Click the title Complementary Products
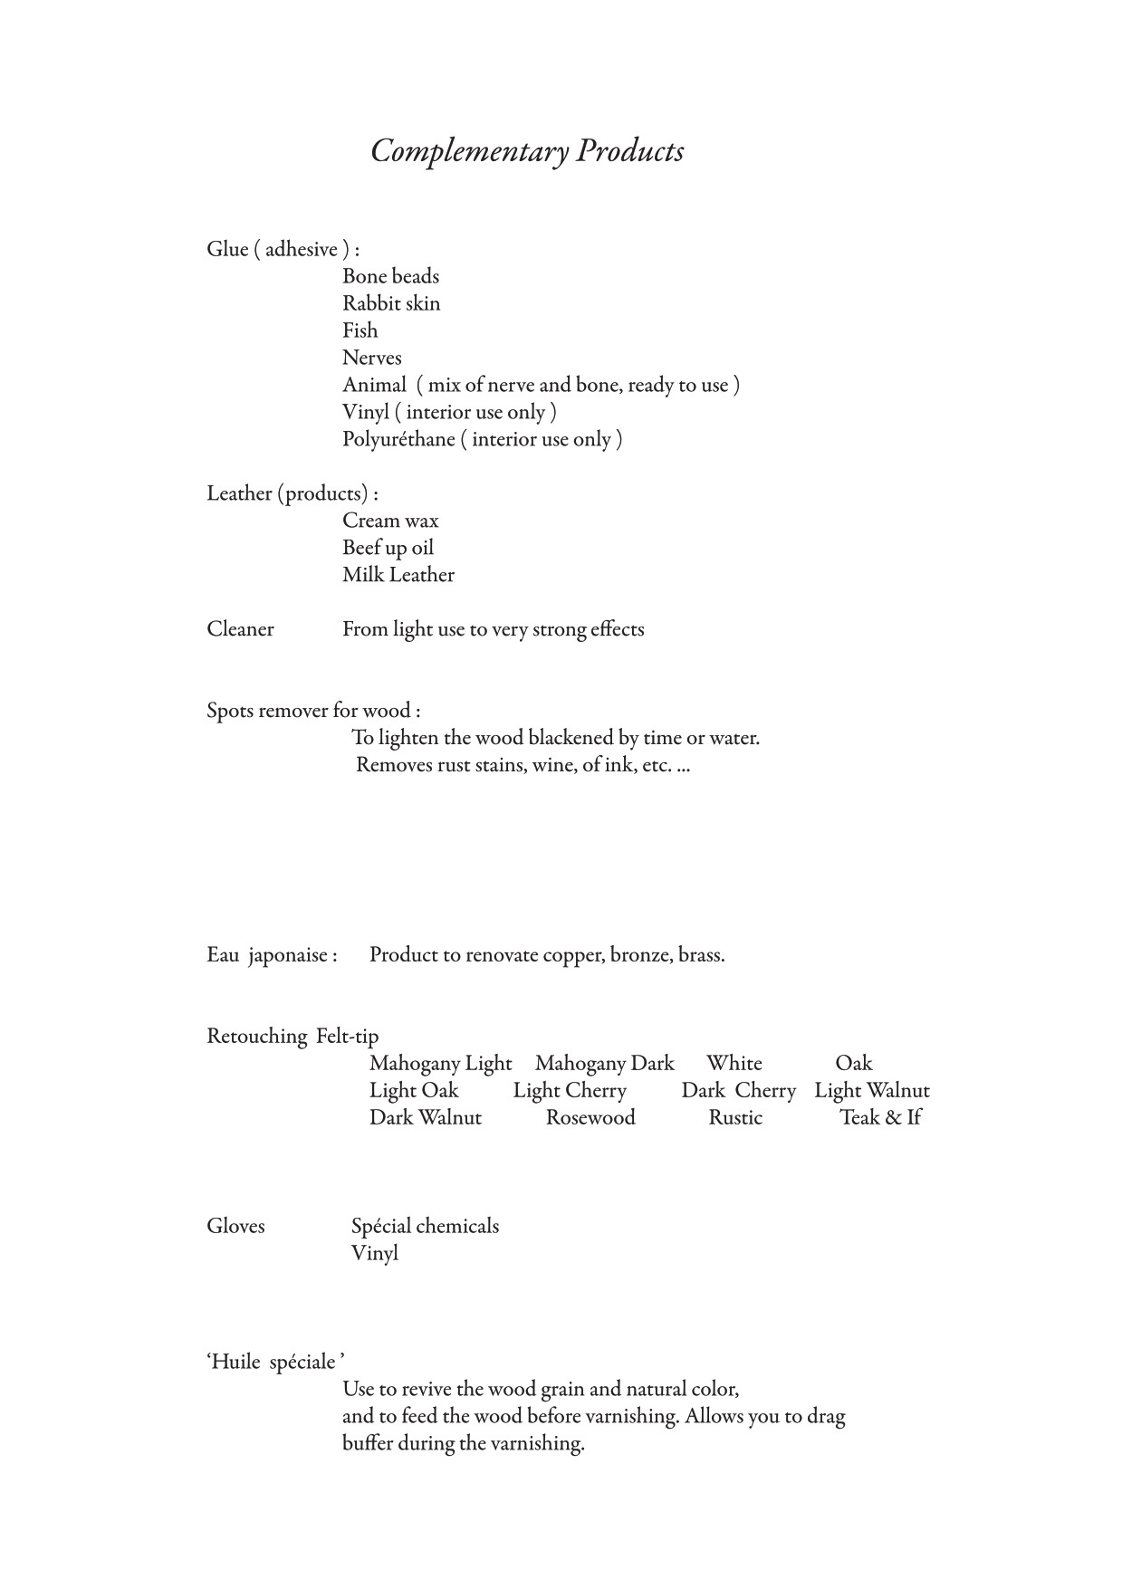(x=527, y=151)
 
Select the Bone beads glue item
(x=390, y=276)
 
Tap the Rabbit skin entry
(x=391, y=303)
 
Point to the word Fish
(x=360, y=330)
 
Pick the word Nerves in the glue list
(x=371, y=358)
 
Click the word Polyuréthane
(x=398, y=439)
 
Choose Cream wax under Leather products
(x=390, y=521)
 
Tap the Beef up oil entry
(x=388, y=548)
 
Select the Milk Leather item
(x=398, y=575)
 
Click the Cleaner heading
(x=240, y=629)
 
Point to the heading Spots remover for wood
(x=313, y=711)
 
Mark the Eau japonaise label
(x=272, y=955)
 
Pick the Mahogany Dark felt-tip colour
(x=604, y=1063)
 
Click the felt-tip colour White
(x=734, y=1063)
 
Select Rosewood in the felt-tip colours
(x=590, y=1117)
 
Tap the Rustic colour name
(x=734, y=1117)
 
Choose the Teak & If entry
(x=879, y=1117)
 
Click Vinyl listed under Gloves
(x=374, y=1253)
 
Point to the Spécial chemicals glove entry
(x=425, y=1226)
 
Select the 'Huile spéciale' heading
(x=275, y=1362)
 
